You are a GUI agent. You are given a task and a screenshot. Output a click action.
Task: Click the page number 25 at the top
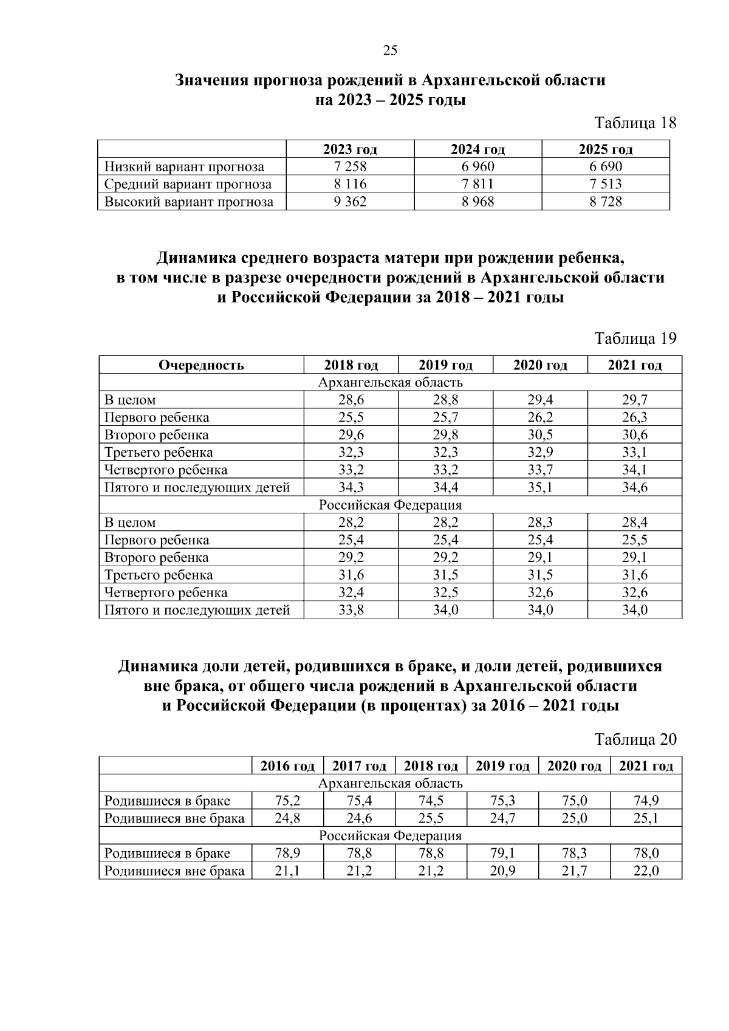point(390,50)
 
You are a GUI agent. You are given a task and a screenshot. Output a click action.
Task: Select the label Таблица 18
point(635,123)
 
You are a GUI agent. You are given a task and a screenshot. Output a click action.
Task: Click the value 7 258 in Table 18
point(350,166)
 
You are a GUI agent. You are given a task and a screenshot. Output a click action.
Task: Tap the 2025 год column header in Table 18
point(606,149)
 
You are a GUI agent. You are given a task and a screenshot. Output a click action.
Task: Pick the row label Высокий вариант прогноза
point(189,202)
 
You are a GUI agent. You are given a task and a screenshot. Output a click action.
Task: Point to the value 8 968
point(477,202)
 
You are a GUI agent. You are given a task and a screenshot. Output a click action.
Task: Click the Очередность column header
point(201,365)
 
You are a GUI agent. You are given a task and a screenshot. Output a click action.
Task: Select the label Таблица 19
point(635,338)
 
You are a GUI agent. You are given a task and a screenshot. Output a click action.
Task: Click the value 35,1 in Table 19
point(540,487)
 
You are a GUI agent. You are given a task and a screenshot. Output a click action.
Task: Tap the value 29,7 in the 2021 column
point(634,400)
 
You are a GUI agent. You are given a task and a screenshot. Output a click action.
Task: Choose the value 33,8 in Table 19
point(351,610)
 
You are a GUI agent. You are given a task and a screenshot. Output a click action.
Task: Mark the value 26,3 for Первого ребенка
point(634,417)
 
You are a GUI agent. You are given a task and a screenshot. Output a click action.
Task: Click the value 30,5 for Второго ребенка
point(540,435)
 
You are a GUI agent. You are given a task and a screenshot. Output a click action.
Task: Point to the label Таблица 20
point(635,739)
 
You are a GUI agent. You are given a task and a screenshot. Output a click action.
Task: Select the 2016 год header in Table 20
point(287,766)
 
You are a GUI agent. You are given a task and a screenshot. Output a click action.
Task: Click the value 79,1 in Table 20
point(502,854)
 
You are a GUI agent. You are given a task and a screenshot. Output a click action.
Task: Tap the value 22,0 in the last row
point(646,871)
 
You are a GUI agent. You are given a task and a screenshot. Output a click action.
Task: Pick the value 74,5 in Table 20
point(431,801)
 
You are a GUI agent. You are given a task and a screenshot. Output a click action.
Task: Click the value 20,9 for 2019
point(502,871)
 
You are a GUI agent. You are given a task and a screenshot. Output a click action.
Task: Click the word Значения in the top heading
point(211,80)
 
